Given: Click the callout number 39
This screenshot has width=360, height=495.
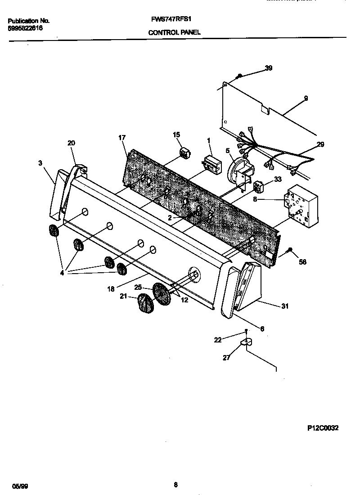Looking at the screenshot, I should [268, 68].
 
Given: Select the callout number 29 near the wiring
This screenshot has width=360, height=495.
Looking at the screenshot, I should [320, 144].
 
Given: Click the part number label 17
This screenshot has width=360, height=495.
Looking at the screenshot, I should [121, 138].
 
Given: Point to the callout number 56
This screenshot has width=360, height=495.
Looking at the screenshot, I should [302, 261].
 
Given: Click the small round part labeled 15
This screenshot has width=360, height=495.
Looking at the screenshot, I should [184, 153].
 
